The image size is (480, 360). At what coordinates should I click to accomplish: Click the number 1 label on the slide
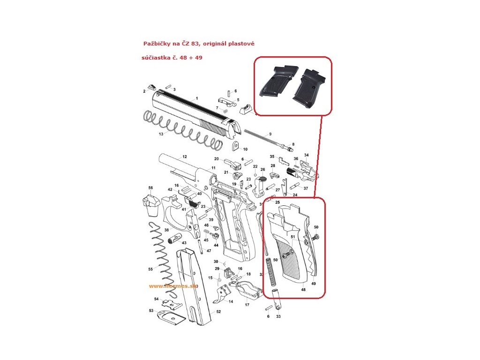click(197, 98)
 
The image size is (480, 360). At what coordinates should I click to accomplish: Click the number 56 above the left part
click(150, 188)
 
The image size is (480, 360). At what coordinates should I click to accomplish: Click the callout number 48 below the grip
click(303, 290)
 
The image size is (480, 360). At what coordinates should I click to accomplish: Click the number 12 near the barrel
click(184, 157)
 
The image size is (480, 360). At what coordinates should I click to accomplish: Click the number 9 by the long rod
click(270, 134)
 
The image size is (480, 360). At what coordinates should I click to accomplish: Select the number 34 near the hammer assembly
click(307, 155)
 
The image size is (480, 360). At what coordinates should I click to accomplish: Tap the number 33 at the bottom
click(278, 317)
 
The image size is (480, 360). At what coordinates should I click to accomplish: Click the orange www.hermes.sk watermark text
click(173, 286)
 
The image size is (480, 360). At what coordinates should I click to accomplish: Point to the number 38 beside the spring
click(166, 230)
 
